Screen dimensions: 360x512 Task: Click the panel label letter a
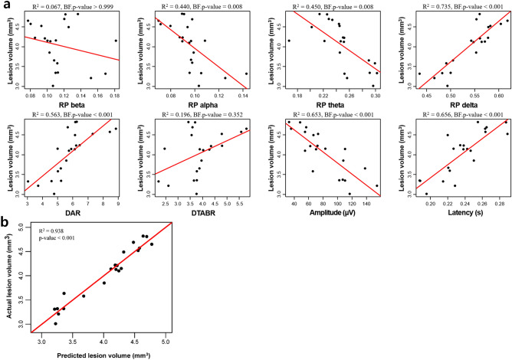tap(6, 6)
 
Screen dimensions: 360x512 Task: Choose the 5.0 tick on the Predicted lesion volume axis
tap(166, 343)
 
